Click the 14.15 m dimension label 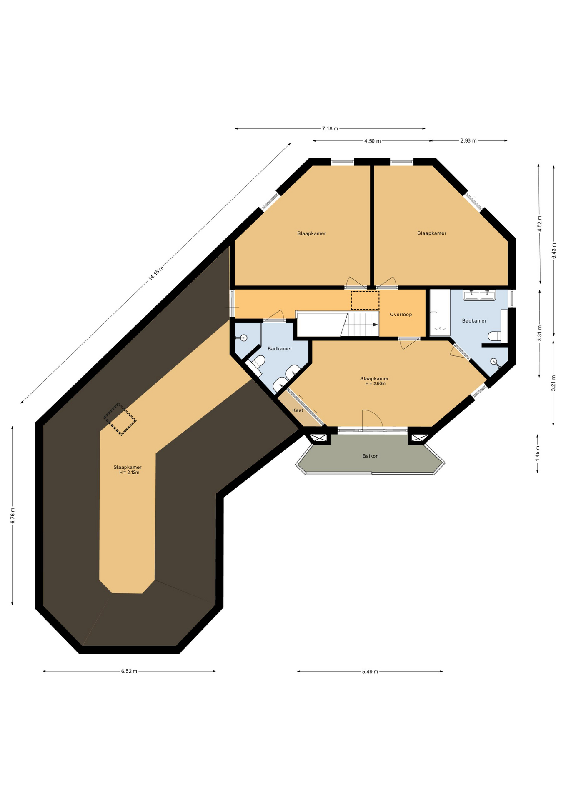pos(156,273)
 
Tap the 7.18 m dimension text pos(330,128)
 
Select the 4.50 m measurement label pos(372,141)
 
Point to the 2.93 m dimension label pos(468,140)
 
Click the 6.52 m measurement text pos(129,671)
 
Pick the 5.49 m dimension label pos(370,672)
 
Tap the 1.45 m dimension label pos(537,453)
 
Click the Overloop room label pos(401,315)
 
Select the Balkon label pos(371,456)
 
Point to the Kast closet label pos(298,410)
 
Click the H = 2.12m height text pos(129,472)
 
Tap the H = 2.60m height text pos(376,383)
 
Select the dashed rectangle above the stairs pos(365,300)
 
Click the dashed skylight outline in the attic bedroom pos(120,419)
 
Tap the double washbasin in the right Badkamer pos(479,295)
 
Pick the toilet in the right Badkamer pos(494,336)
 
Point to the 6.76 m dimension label pos(13,515)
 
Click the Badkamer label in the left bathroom pos(280,349)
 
